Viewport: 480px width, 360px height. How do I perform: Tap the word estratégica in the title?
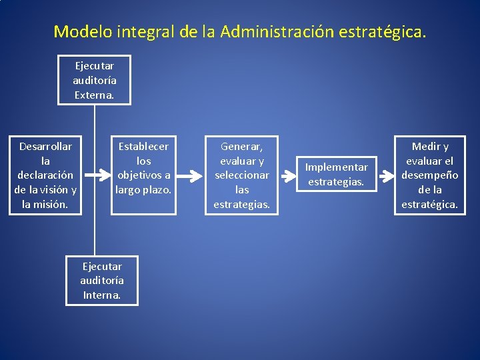tap(385, 31)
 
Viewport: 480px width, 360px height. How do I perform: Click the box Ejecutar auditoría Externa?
tap(94, 80)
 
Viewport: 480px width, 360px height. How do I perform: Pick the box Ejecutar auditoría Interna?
tap(102, 281)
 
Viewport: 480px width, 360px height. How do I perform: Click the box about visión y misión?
tap(45, 175)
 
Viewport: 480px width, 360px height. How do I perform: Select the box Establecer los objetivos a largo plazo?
tap(143, 175)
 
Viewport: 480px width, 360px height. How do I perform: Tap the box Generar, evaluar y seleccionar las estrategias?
tap(242, 175)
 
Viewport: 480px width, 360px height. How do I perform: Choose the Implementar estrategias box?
tap(336, 175)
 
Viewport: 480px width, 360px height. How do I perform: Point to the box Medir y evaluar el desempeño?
tap(429, 175)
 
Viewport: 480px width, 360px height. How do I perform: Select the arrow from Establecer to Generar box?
tap(193, 175)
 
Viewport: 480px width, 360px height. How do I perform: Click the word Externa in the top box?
tap(94, 95)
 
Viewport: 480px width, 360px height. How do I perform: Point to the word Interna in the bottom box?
tap(102, 295)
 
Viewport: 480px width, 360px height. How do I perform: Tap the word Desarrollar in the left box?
tap(45, 146)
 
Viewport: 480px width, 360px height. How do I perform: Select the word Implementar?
tap(336, 167)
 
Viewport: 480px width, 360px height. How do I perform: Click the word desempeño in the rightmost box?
tap(429, 175)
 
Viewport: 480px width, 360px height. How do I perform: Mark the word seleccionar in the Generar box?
tap(242, 175)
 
